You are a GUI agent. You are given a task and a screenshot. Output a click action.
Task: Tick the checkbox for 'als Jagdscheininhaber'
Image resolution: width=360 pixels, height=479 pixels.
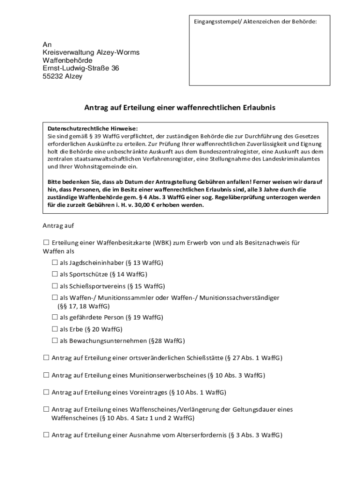tap(55, 262)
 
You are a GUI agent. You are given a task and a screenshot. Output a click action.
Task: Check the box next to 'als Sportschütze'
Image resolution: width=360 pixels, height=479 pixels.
tap(55, 274)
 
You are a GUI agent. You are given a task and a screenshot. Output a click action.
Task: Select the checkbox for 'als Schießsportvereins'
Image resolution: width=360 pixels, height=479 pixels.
tap(55, 286)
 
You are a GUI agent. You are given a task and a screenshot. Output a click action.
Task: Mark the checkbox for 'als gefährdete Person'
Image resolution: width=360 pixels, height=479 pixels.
tap(55, 317)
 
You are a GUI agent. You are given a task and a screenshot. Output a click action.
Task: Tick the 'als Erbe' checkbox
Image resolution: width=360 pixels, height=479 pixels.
tap(55, 329)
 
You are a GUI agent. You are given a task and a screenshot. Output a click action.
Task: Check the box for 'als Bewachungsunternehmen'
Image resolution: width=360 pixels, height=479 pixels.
tap(55, 341)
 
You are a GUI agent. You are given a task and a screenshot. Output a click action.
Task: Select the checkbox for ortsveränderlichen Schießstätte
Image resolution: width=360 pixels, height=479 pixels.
tap(46, 358)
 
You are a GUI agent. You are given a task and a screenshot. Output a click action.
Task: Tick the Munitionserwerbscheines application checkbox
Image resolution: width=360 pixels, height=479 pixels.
tap(46, 375)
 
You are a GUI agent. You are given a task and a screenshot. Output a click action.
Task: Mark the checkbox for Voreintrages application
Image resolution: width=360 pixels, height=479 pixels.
tap(46, 392)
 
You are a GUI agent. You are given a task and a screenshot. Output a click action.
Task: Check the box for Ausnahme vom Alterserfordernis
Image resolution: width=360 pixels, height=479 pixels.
tap(46, 435)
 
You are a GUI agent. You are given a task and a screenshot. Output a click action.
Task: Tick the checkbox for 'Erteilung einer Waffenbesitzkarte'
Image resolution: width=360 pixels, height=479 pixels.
tap(46, 242)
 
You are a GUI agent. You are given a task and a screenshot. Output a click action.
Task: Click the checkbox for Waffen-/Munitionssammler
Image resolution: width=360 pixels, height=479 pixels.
tap(55, 298)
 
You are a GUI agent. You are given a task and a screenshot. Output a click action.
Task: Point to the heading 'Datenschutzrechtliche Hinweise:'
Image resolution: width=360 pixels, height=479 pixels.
tap(93, 128)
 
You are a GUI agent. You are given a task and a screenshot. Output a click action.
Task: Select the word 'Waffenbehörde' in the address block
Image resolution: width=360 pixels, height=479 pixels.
tap(67, 60)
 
